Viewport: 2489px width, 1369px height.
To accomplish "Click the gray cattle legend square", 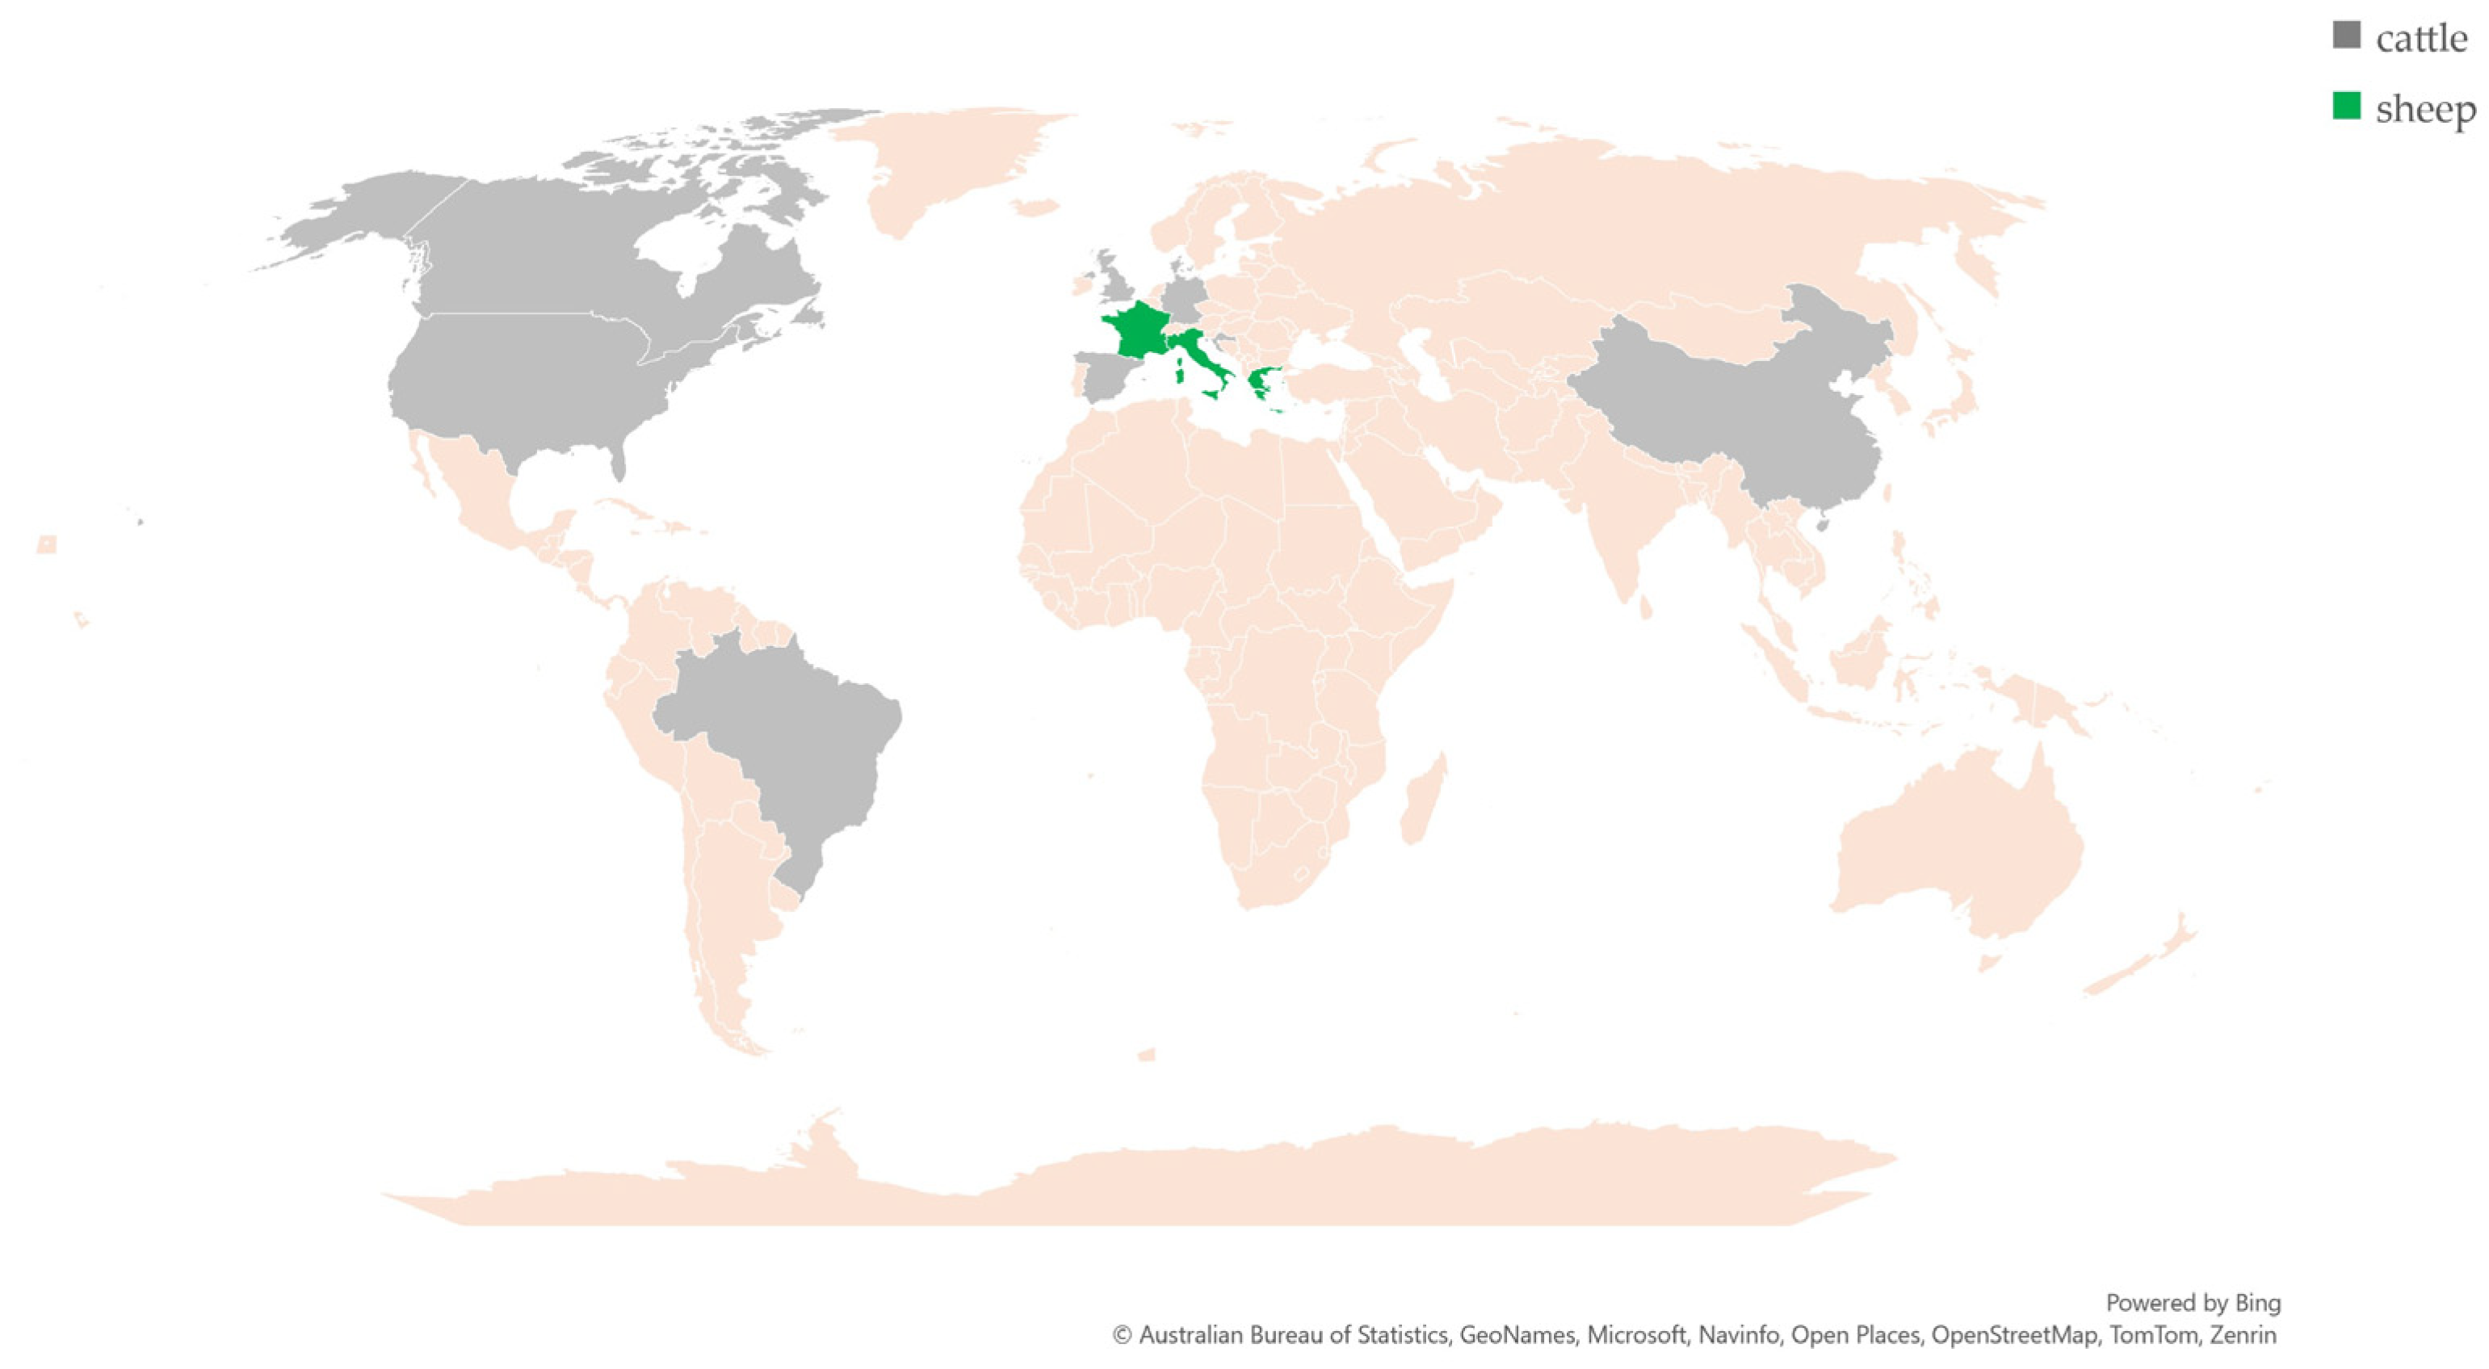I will pyautogui.click(x=2346, y=36).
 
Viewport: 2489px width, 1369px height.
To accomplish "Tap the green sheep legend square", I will pyautogui.click(x=2346, y=107).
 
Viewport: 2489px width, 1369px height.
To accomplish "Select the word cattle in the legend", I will pyautogui.click(x=2421, y=39).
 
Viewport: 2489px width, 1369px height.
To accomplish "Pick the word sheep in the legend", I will pyautogui.click(x=2425, y=109).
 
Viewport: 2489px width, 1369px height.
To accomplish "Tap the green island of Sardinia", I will pyautogui.click(x=1180, y=369).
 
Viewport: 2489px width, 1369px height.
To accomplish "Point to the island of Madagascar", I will pyautogui.click(x=1422, y=802).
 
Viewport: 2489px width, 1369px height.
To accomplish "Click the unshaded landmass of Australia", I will pyautogui.click(x=1962, y=841).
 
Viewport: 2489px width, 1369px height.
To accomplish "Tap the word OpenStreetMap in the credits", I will pyautogui.click(x=2015, y=1335).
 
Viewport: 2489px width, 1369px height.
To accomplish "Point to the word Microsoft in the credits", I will pyautogui.click(x=1637, y=1335).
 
